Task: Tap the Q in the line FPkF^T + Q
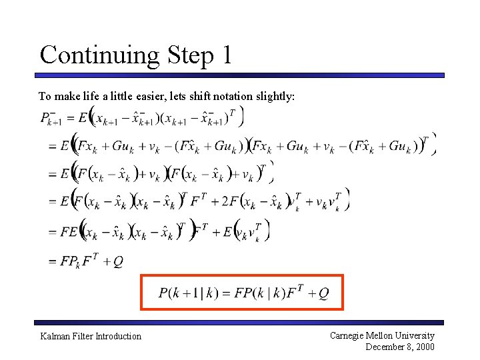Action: coord(117,261)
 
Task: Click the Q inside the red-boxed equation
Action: coord(323,293)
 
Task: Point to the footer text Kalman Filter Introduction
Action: coord(91,336)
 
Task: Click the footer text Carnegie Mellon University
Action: coord(382,335)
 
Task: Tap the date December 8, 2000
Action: coord(400,347)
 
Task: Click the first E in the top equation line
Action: coord(83,119)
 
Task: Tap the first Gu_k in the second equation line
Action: coord(124,146)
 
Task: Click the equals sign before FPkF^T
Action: coord(52,262)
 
